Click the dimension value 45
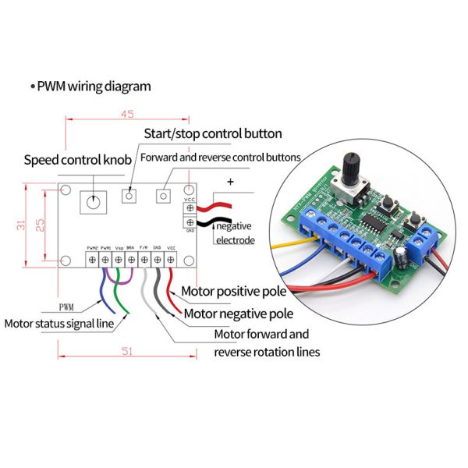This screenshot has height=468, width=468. [127, 115]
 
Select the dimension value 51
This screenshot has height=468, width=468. [127, 351]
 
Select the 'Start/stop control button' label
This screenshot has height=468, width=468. [212, 133]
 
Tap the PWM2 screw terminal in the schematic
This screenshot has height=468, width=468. [92, 257]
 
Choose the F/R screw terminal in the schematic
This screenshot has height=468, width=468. [144, 257]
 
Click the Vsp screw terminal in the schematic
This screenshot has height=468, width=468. [118, 257]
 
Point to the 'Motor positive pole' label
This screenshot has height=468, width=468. [234, 292]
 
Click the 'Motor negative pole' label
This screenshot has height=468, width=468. [238, 314]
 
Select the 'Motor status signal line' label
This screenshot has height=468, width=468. [59, 323]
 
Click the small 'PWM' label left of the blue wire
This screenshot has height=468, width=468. [69, 307]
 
